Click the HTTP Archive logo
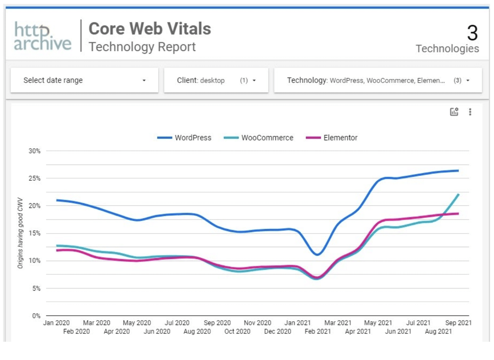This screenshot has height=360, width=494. click(x=43, y=36)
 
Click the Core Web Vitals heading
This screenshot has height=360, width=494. click(x=150, y=29)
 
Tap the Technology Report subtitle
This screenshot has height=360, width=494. click(x=142, y=47)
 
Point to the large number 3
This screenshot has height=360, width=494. click(x=472, y=33)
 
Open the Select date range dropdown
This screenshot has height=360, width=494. click(x=84, y=80)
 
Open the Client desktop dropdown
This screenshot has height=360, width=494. click(x=216, y=80)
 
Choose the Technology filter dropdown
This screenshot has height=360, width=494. click(x=378, y=80)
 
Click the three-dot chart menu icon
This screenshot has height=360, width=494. click(x=470, y=112)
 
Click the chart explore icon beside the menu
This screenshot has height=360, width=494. click(x=454, y=112)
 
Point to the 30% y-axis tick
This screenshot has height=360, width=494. click(x=34, y=151)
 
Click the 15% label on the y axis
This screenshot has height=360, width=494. click(x=34, y=233)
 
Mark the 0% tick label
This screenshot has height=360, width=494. click(x=36, y=316)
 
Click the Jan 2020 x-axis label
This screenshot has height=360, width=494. click(x=56, y=323)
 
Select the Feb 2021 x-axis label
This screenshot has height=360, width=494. click(x=317, y=332)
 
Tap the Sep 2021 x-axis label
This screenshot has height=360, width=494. click(x=458, y=323)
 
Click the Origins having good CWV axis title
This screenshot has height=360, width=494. click(x=20, y=233)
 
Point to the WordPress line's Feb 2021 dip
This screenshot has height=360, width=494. click(x=317, y=255)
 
